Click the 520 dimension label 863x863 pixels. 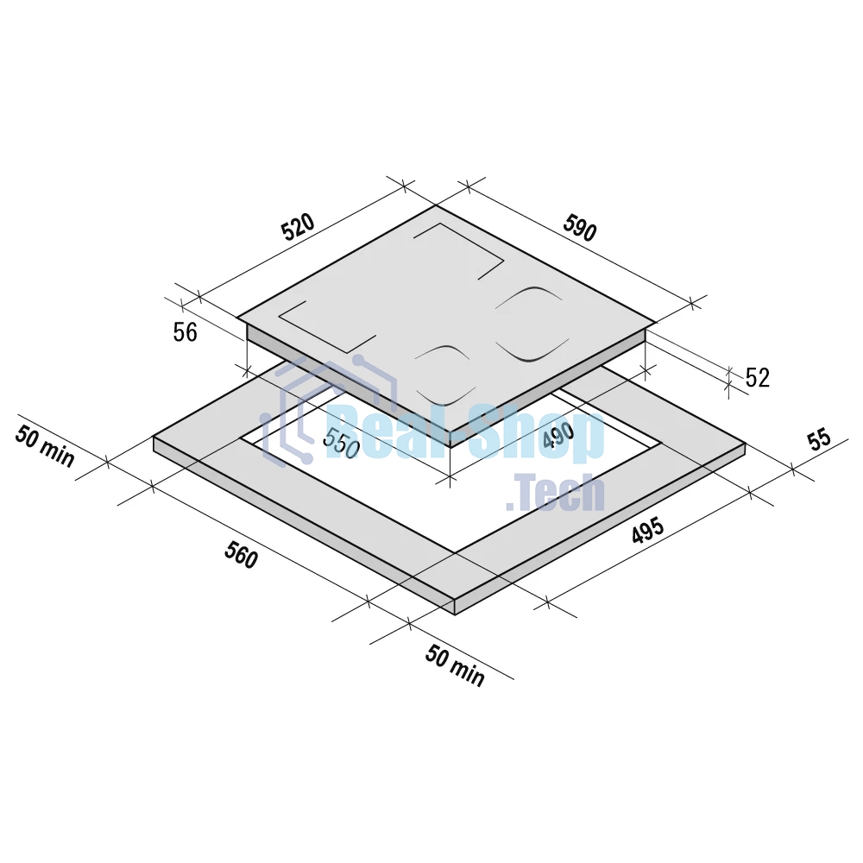tap(298, 227)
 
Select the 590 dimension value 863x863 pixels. tap(580, 228)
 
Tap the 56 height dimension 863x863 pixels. tap(185, 332)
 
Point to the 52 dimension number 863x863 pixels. tap(758, 378)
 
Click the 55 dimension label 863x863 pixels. tap(818, 440)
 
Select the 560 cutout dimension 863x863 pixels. tap(241, 554)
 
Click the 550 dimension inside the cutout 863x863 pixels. tap(341, 443)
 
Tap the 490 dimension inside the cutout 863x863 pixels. tap(558, 435)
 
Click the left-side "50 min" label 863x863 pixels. tap(45, 446)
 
